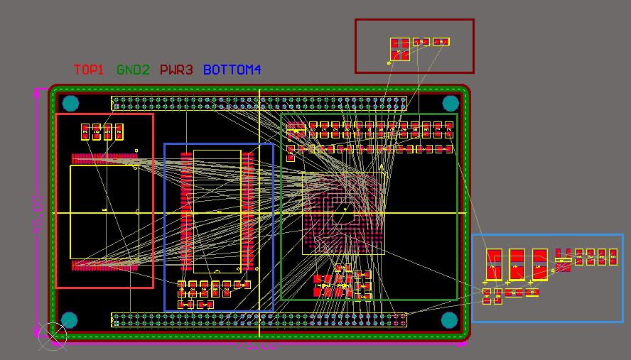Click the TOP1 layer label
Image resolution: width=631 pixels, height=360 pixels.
pyautogui.click(x=89, y=70)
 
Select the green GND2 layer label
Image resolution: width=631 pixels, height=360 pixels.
pyautogui.click(x=133, y=70)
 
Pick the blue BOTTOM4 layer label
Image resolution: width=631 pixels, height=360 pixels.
pyautogui.click(x=232, y=70)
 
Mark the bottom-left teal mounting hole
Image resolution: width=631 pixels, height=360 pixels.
pyautogui.click(x=69, y=320)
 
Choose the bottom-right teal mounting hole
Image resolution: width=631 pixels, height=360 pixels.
pyautogui.click(x=449, y=320)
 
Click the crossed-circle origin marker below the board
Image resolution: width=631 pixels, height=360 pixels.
pyautogui.click(x=52, y=336)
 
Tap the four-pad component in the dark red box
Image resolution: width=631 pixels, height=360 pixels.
pyautogui.click(x=400, y=49)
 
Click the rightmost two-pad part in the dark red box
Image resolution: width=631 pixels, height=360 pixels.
pyautogui.click(x=441, y=42)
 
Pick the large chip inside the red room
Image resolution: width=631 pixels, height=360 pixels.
pyautogui.click(x=104, y=212)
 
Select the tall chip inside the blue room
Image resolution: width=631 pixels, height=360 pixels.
pyautogui.click(x=217, y=211)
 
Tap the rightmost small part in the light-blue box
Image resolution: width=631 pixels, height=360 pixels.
pyautogui.click(x=613, y=256)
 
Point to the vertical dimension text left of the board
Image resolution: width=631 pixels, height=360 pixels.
pyautogui.click(x=40, y=212)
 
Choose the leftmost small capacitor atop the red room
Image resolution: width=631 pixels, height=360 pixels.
pyautogui.click(x=85, y=131)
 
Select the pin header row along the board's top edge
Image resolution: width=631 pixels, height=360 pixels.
pyautogui.click(x=259, y=104)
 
